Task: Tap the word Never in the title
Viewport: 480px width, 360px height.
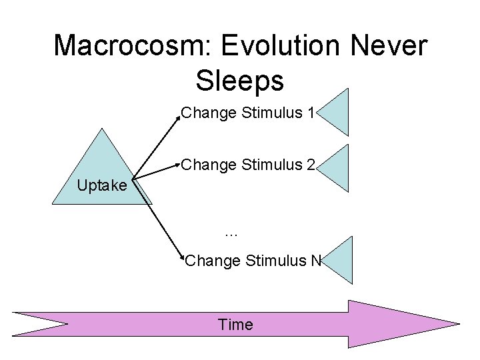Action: pyautogui.click(x=393, y=46)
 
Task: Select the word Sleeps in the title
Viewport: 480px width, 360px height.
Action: pyautogui.click(x=240, y=81)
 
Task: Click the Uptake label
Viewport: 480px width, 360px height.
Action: pyautogui.click(x=101, y=185)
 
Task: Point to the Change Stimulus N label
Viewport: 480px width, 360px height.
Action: pyautogui.click(x=253, y=260)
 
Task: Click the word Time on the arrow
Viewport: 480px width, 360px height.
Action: pyautogui.click(x=235, y=325)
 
